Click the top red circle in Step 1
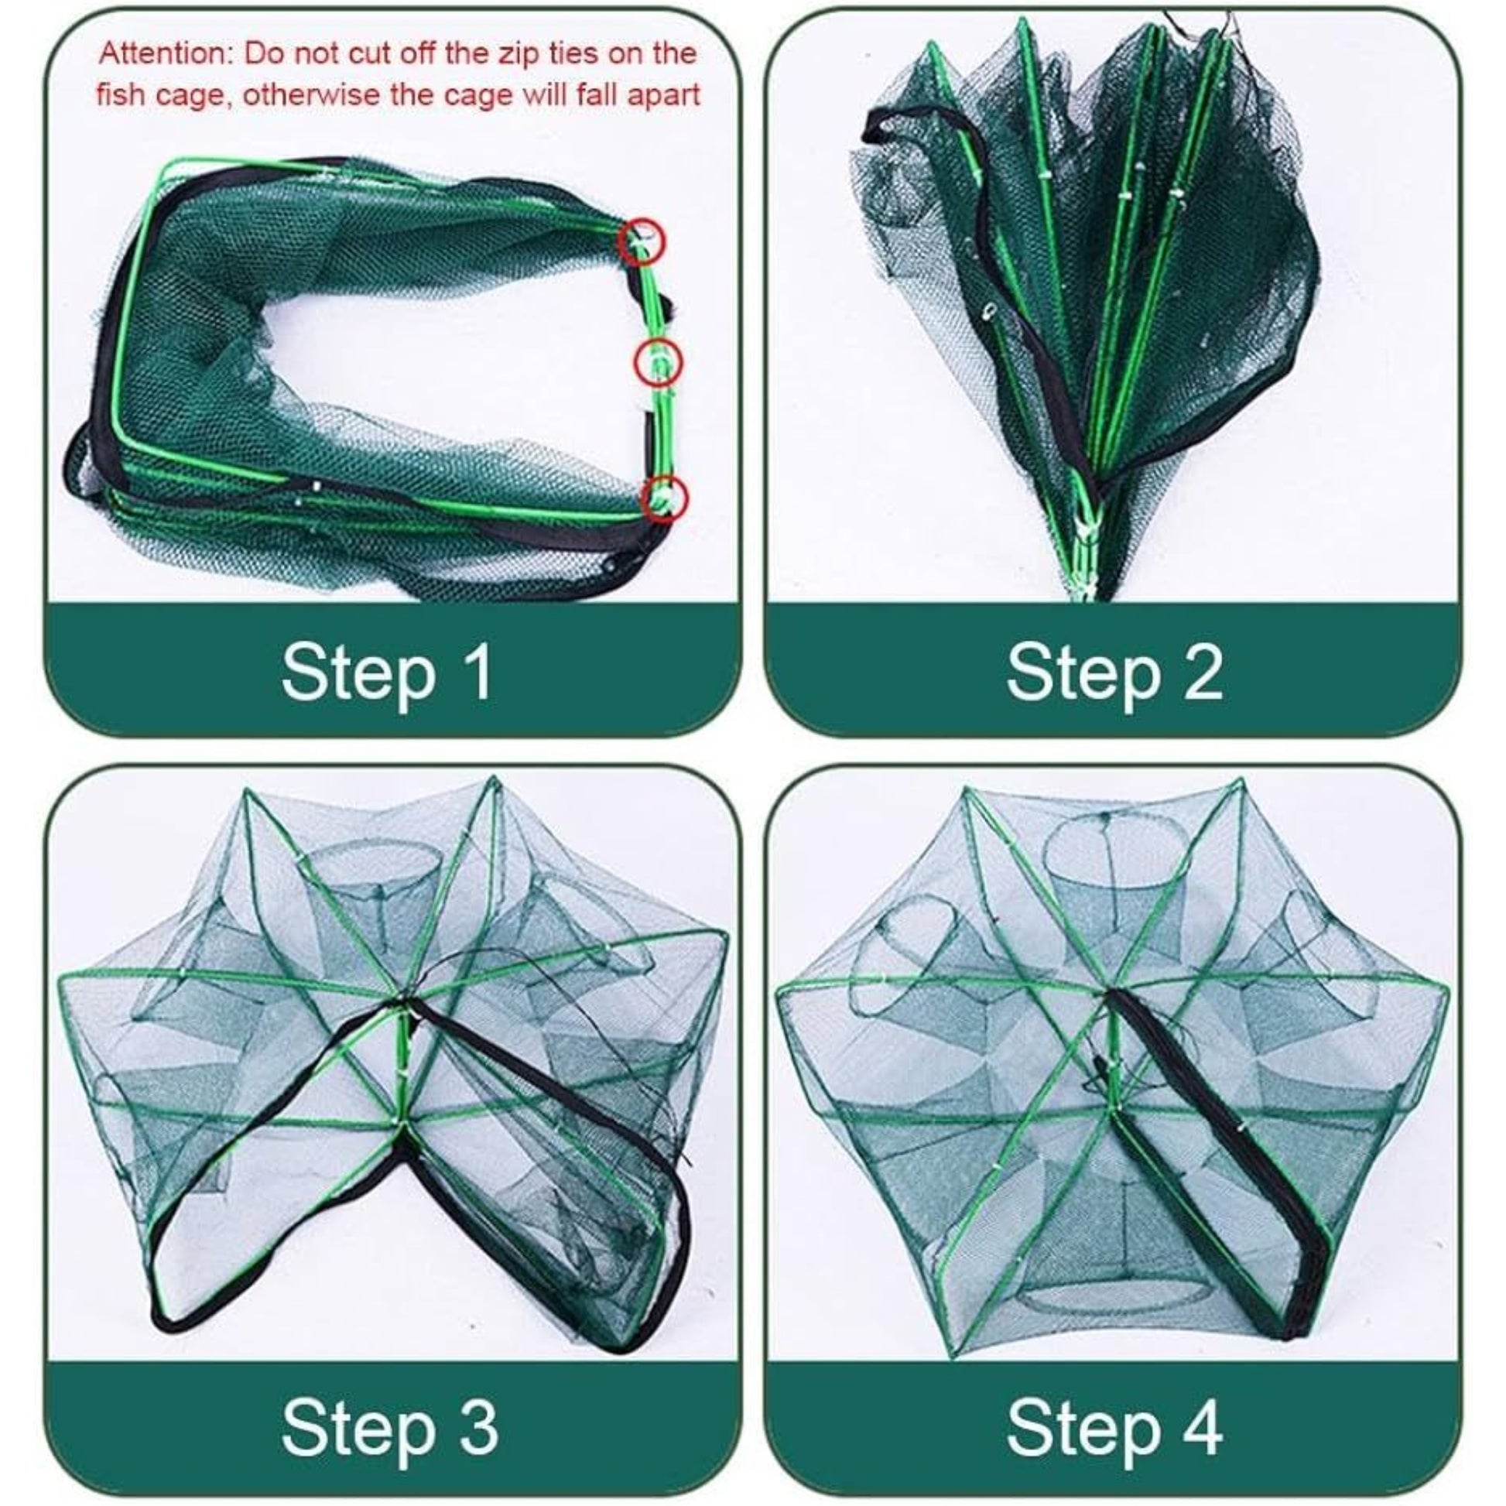coord(642,241)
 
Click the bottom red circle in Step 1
coord(664,497)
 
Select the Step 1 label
coord(388,672)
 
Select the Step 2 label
coord(1114,672)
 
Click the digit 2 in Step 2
coord(1201,672)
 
